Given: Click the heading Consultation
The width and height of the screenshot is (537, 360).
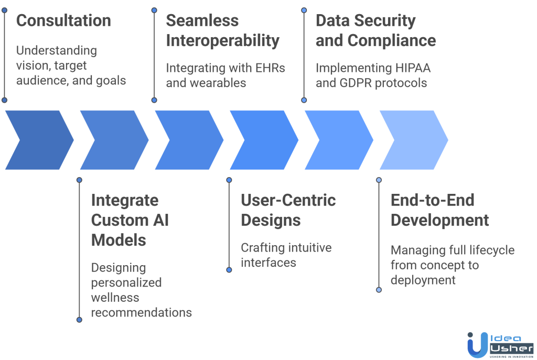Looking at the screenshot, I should tap(63, 21).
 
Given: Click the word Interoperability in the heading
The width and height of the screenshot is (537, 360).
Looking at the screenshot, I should tap(222, 40).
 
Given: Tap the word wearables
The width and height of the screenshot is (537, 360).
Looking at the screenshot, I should tap(219, 83).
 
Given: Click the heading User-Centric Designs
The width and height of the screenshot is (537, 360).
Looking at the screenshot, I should tap(288, 210).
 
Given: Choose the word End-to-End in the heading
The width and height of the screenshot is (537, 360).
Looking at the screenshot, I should tap(432, 200).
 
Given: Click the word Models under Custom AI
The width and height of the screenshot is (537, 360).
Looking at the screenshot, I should tap(119, 240).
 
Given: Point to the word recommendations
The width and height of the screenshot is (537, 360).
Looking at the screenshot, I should tap(141, 313).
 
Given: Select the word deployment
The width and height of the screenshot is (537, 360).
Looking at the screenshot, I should tap(423, 280).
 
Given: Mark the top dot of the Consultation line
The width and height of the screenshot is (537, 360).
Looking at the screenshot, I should tap(4, 10).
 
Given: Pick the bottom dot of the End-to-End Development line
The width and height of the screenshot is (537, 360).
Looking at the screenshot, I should tap(379, 289).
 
